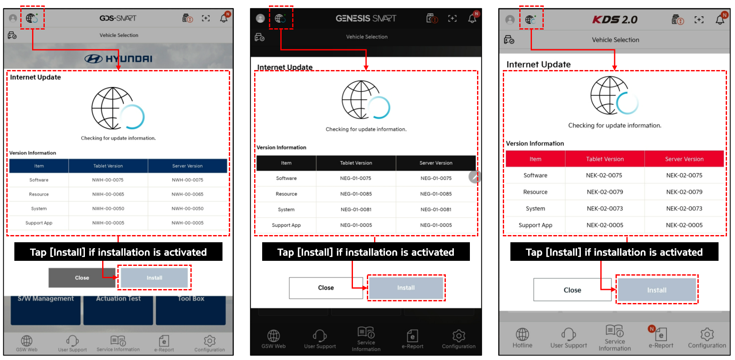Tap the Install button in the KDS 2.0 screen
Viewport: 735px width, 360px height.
click(656, 290)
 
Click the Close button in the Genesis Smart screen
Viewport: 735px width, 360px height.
click(326, 288)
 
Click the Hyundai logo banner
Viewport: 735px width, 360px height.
click(118, 59)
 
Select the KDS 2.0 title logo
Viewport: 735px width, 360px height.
click(615, 19)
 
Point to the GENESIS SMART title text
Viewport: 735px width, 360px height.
click(366, 18)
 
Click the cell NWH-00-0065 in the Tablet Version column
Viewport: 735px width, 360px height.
click(108, 194)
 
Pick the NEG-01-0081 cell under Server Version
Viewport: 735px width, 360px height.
click(436, 209)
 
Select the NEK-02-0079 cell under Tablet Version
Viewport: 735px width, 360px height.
click(605, 192)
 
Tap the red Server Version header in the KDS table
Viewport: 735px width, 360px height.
click(684, 159)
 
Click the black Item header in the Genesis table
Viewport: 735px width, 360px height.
click(286, 163)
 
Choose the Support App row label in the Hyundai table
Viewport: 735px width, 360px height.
click(39, 223)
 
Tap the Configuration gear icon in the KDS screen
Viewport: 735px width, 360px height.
click(707, 334)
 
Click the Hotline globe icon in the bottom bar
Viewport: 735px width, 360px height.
click(522, 334)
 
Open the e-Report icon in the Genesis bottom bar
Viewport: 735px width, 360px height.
click(412, 336)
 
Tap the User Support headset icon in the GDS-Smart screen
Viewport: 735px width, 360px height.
click(72, 340)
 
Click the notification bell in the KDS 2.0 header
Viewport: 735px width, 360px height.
click(720, 19)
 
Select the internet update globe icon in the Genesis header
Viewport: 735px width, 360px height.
click(280, 18)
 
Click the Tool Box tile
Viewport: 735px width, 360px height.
click(191, 310)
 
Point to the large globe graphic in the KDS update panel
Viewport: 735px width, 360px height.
click(610, 95)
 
